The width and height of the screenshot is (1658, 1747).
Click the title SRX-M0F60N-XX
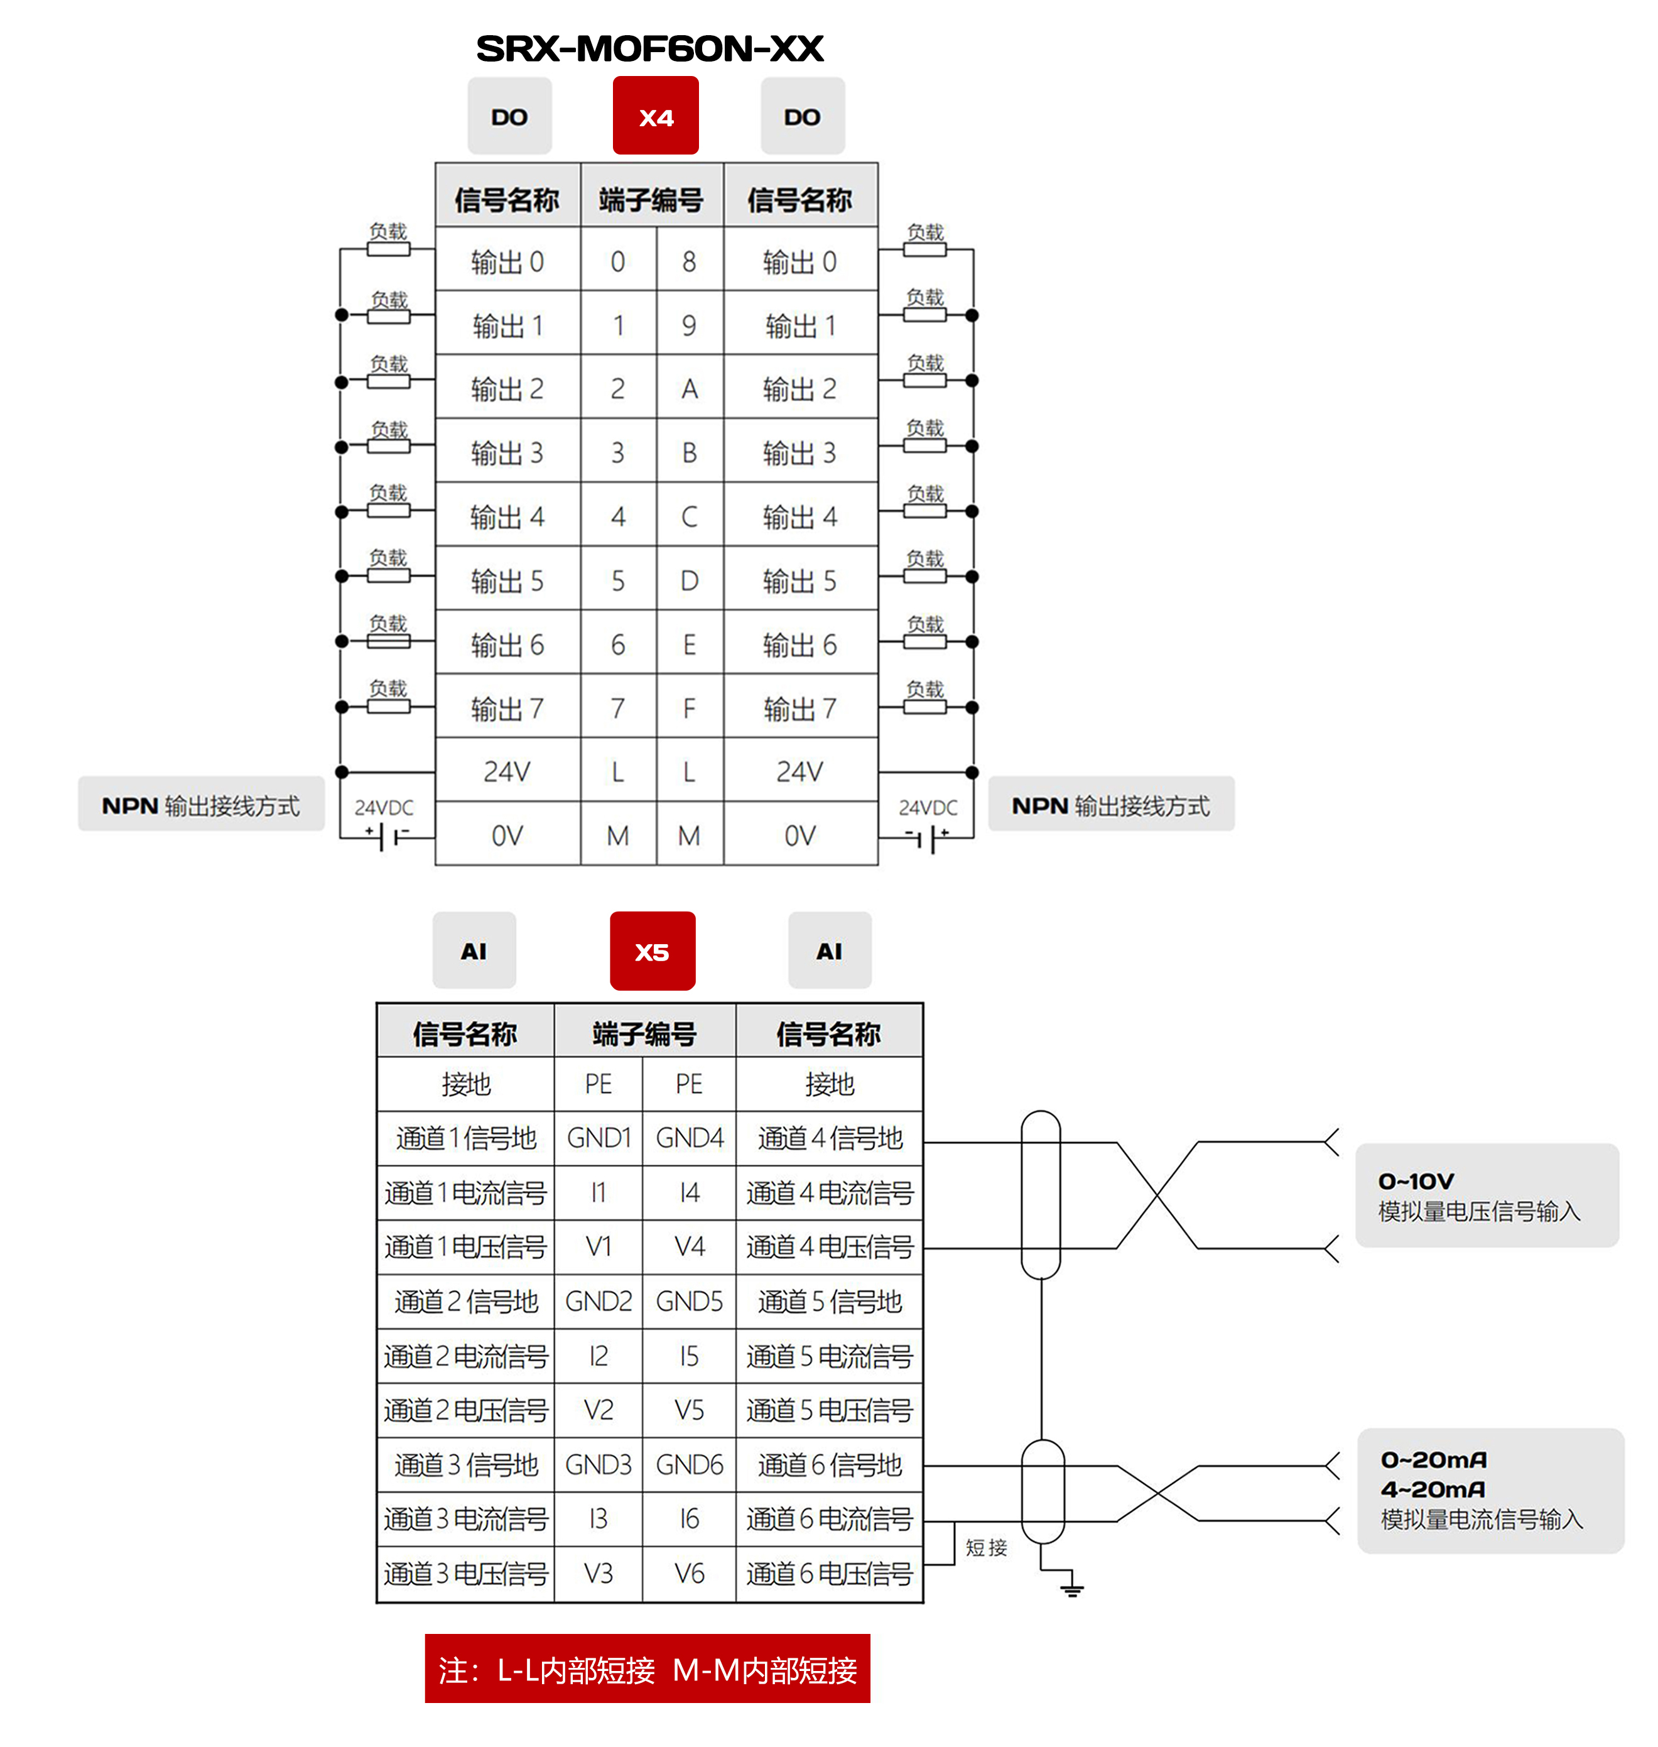tap(649, 48)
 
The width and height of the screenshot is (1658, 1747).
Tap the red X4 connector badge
tap(656, 116)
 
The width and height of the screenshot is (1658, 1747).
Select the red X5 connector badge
tap(653, 951)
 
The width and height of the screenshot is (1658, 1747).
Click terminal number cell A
tap(690, 388)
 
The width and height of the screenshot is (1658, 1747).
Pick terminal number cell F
tap(690, 708)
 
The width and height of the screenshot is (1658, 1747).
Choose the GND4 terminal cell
tap(690, 1137)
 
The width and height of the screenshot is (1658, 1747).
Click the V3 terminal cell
tap(599, 1573)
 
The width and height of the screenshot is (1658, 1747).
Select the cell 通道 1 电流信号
tap(466, 1193)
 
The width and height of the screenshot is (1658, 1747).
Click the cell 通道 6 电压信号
tap(829, 1573)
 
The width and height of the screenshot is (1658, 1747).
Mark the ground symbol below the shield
tap(1072, 1589)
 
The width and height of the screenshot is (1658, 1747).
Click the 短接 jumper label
tap(986, 1547)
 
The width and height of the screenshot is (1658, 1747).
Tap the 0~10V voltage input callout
tap(1487, 1195)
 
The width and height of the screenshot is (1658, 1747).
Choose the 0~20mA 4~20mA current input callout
tap(1490, 1489)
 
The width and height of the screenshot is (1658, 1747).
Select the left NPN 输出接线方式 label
tap(202, 805)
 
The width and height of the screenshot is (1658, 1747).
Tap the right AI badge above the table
tap(829, 950)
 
